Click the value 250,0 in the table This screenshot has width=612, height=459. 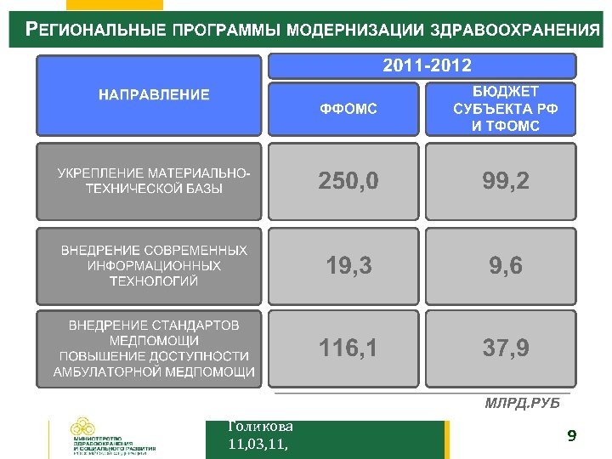pos(348,181)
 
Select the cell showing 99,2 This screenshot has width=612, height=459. pos(505,181)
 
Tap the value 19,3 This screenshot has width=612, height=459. pos(348,266)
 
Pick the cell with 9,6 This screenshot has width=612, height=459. pos(505,266)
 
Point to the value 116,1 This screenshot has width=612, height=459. pos(348,348)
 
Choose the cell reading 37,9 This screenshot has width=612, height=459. pos(505,348)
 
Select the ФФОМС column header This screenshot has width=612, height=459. pos(348,109)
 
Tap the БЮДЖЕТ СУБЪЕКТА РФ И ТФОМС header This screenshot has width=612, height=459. pos(505,109)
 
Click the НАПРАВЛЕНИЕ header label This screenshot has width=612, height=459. pos(154,94)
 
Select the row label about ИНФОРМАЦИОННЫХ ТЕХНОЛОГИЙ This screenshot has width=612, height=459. pos(154,266)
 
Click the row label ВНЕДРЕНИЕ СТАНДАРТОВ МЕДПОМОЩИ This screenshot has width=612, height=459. pos(154,348)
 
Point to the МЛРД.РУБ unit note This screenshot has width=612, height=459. pos(522,402)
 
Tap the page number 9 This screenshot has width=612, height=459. pos(571,437)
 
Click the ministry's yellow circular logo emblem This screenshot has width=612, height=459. pos(83,428)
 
